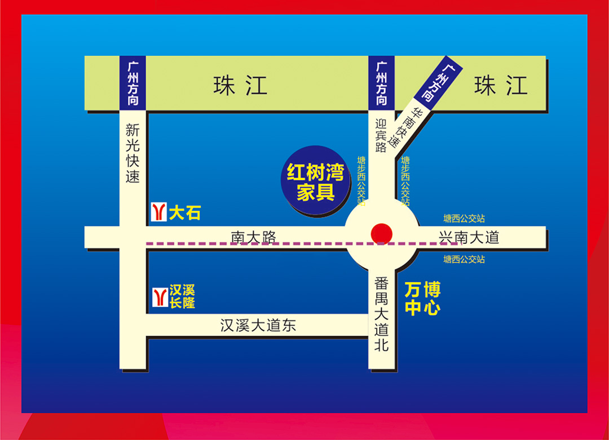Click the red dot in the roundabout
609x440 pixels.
(x=382, y=233)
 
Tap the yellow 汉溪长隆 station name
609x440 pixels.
(x=182, y=296)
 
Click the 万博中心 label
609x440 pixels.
(x=422, y=299)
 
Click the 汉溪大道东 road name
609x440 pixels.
(x=258, y=325)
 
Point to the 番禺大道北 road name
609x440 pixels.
(x=382, y=313)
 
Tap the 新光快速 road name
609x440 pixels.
(x=133, y=153)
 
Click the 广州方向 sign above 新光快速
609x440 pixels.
(x=133, y=83)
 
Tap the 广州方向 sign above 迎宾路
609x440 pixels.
(x=382, y=83)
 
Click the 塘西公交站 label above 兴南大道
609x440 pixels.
(x=464, y=218)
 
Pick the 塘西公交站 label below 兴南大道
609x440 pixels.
(x=464, y=259)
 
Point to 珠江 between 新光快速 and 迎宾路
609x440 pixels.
(x=240, y=86)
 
